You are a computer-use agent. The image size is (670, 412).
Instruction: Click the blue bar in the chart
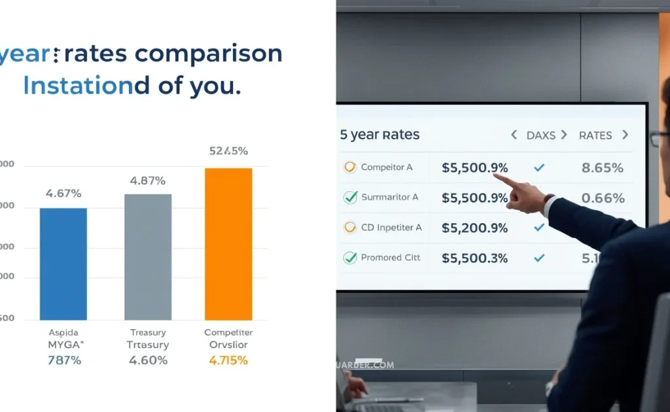click(x=63, y=264)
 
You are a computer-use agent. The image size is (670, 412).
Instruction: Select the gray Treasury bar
click(x=148, y=256)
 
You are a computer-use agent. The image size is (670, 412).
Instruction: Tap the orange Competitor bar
click(x=228, y=243)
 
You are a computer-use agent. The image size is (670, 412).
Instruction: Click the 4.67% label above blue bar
click(x=63, y=193)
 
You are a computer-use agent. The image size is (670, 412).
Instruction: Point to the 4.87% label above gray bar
click(x=148, y=180)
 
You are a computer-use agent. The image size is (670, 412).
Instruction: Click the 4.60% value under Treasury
click(x=149, y=360)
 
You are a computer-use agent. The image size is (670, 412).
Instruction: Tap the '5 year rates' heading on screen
click(x=379, y=135)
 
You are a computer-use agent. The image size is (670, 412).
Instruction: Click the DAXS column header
click(x=540, y=135)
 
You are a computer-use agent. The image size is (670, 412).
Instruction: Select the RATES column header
click(x=595, y=135)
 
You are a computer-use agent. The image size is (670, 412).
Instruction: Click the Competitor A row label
click(x=387, y=167)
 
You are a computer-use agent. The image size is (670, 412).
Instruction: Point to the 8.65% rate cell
click(x=602, y=167)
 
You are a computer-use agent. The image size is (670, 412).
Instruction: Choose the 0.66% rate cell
click(x=602, y=197)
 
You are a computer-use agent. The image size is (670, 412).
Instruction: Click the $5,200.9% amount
click(x=474, y=228)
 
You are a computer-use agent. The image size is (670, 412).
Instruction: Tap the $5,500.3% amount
click(x=474, y=258)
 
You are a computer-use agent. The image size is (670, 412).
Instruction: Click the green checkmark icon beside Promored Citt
click(x=350, y=258)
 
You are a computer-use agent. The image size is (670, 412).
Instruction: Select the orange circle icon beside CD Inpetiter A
click(x=350, y=228)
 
